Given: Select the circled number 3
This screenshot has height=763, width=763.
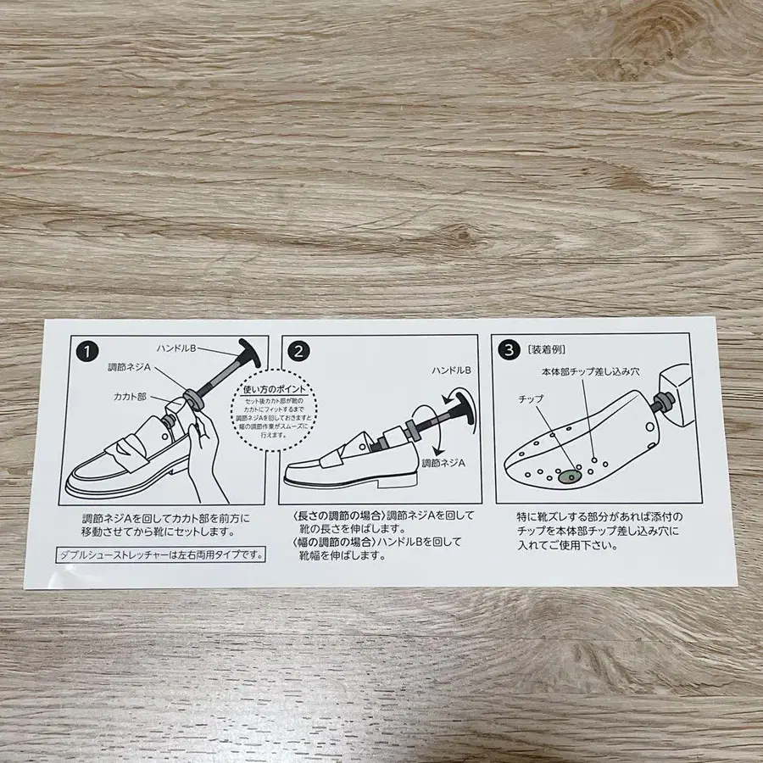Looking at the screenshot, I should (507, 348).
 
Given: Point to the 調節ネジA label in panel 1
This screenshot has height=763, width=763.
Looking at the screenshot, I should (129, 368).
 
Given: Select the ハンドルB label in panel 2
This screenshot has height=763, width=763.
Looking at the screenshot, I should (450, 370).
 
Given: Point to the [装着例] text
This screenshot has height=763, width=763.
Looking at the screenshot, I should (546, 349).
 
